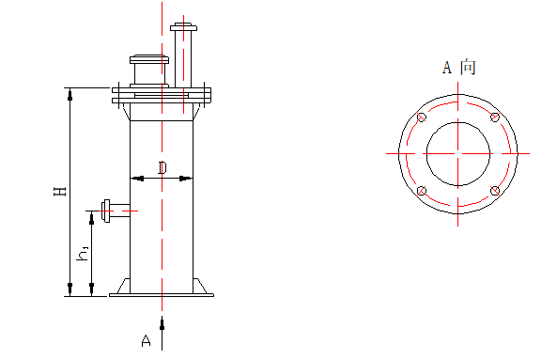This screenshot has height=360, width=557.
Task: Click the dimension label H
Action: [x=59, y=191]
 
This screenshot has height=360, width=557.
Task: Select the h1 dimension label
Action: [x=84, y=253]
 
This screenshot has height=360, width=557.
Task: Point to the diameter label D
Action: [x=162, y=168]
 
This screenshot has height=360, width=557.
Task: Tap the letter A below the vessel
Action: [x=146, y=339]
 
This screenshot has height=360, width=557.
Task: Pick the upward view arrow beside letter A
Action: [x=162, y=324]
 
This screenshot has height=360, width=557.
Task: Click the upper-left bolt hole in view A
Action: [x=422, y=117]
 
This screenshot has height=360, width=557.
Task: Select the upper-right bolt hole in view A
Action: [x=494, y=117]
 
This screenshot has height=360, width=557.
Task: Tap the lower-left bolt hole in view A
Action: [x=422, y=191]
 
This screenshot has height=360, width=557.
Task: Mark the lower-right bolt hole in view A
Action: [x=494, y=191]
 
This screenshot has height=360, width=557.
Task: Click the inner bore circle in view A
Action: [x=458, y=153]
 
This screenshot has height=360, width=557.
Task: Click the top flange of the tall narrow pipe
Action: [x=183, y=26]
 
